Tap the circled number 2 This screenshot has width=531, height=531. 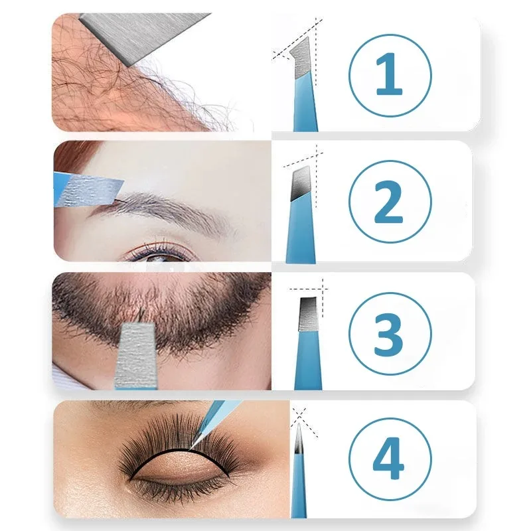pyautogui.click(x=389, y=202)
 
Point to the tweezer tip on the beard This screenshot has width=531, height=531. pyautogui.click(x=135, y=352)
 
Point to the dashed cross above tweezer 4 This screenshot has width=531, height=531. pyautogui.click(x=299, y=416)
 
